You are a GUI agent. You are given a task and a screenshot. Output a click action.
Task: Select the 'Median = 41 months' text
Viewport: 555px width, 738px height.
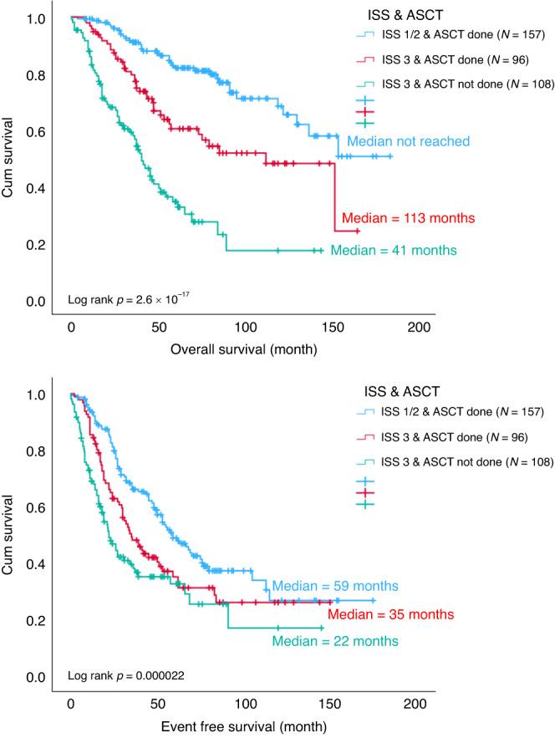click(x=393, y=250)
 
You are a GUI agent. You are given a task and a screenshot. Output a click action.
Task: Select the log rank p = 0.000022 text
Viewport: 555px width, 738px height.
click(x=126, y=674)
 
